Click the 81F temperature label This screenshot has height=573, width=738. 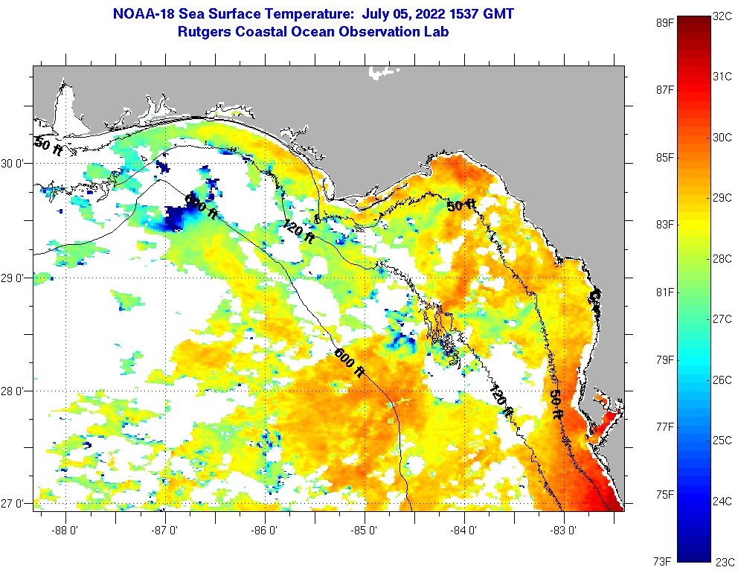pyautogui.click(x=664, y=292)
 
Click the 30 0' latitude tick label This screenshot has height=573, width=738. pyautogui.click(x=13, y=164)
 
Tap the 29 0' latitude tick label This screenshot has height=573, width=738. pyautogui.click(x=13, y=278)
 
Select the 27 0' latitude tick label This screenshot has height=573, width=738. pyautogui.click(x=13, y=503)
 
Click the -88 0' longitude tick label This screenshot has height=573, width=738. pyautogui.click(x=65, y=531)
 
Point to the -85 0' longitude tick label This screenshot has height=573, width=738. pyautogui.click(x=365, y=531)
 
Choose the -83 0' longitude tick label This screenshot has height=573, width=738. pyautogui.click(x=564, y=531)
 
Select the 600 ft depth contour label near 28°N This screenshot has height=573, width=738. pyautogui.click(x=349, y=364)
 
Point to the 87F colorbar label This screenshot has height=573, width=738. pyautogui.click(x=664, y=89)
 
